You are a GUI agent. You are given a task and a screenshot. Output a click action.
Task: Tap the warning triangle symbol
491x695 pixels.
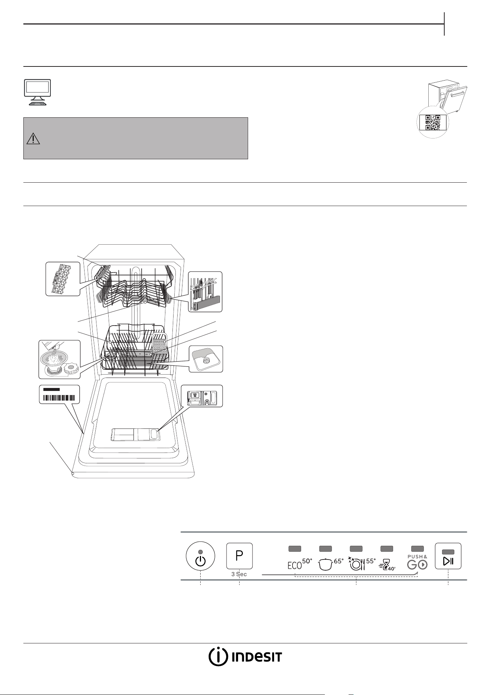tap(33, 138)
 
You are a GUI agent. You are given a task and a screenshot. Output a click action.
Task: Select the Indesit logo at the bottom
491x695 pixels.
tap(245, 657)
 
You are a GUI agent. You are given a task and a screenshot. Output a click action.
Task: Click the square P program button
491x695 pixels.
tap(240, 556)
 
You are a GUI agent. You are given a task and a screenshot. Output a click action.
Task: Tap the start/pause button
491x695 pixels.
tap(448, 556)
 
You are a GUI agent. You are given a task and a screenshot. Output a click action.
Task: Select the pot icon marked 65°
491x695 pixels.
tap(331, 564)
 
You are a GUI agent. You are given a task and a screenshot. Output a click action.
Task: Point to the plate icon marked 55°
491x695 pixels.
tap(362, 564)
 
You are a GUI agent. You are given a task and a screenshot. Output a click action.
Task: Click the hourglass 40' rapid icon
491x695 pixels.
tap(387, 565)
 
